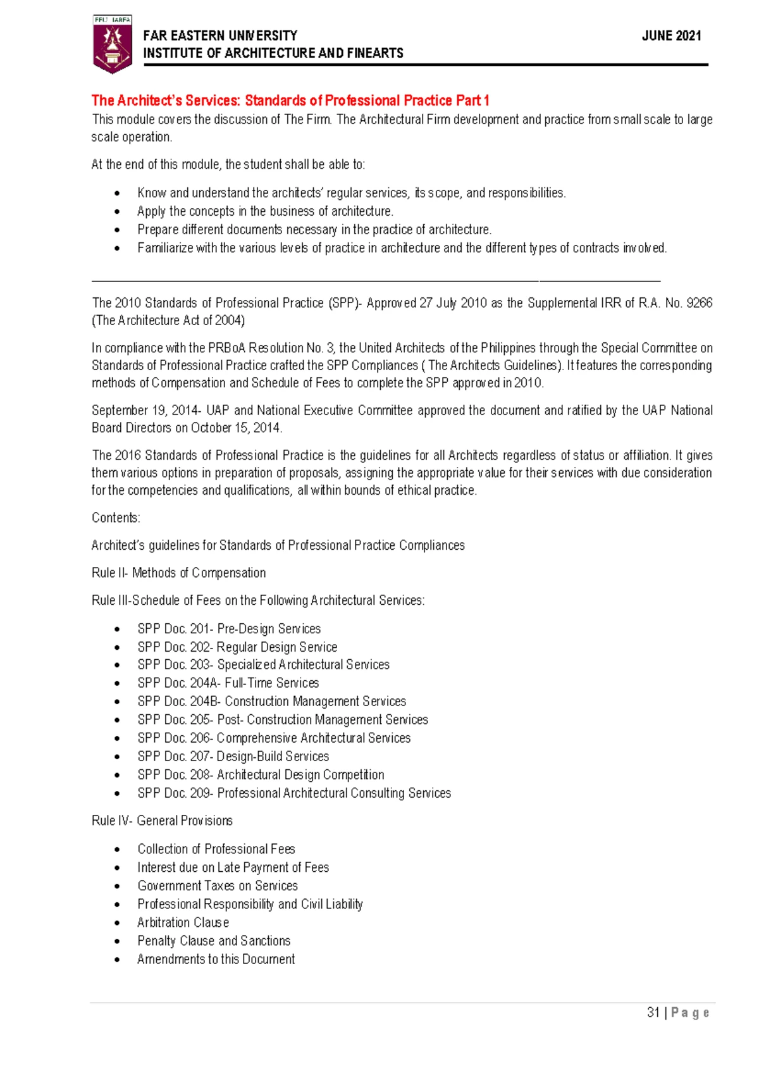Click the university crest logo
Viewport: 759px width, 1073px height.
(112, 44)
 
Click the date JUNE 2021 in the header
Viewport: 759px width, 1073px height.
(671, 36)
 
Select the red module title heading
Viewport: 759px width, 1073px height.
(290, 101)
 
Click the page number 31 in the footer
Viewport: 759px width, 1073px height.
(653, 1012)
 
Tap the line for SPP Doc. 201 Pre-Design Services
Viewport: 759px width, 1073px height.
(229, 629)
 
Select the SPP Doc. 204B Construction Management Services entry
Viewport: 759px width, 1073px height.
(271, 702)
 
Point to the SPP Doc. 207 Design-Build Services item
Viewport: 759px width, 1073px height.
(233, 757)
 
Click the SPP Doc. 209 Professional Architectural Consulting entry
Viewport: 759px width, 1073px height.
(294, 793)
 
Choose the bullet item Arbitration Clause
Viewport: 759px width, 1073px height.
(183, 923)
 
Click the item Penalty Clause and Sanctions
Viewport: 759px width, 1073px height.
(214, 941)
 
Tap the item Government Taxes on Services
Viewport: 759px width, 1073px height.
(218, 886)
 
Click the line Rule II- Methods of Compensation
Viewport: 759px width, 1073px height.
(178, 573)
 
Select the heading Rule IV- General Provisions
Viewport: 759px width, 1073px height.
(162, 821)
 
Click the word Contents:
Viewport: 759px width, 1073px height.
(116, 518)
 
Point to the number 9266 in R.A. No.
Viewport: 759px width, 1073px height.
(700, 303)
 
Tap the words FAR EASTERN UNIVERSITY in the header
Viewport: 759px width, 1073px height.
(219, 36)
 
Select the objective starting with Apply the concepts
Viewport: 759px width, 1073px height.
(265, 211)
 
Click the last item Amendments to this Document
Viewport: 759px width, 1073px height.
(216, 960)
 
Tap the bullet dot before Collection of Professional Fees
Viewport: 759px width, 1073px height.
(117, 850)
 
